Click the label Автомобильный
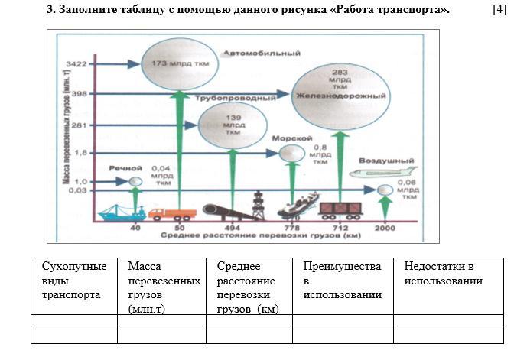coord(262,54)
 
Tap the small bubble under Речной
coord(135,182)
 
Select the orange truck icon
coord(172,214)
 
